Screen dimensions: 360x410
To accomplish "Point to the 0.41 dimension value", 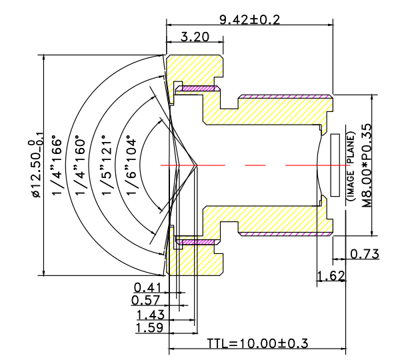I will coord(147,287).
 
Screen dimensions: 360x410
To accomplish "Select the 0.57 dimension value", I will coord(147,300).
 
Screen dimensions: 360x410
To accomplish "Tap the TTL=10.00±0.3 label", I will coord(257,343).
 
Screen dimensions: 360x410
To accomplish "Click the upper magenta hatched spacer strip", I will coord(197,87).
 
